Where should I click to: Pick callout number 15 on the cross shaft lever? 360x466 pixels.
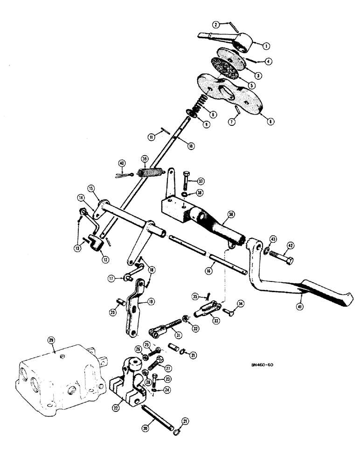[91, 188]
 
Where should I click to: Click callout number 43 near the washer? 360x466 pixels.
[273, 239]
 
